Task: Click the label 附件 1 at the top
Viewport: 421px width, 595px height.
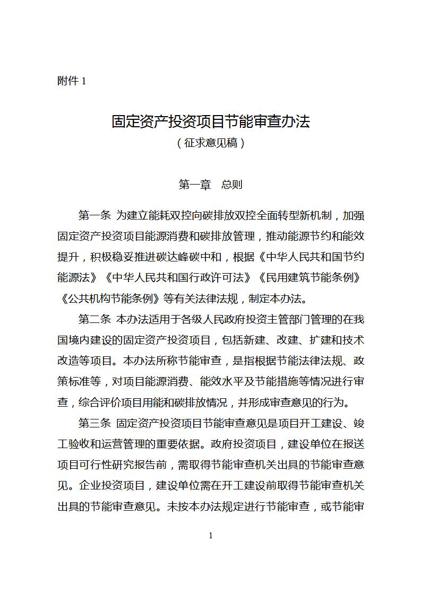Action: coord(71,81)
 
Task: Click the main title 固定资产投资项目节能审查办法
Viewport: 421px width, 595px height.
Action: coord(211,121)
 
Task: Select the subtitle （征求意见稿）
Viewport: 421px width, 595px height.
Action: coord(211,143)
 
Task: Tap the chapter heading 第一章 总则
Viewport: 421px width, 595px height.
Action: coord(211,185)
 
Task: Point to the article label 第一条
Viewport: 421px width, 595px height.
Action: coord(94,215)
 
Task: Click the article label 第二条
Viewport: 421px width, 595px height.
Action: coord(94,319)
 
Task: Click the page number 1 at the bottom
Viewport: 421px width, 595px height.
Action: coord(211,536)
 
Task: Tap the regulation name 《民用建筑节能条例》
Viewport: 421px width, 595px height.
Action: coord(308,277)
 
